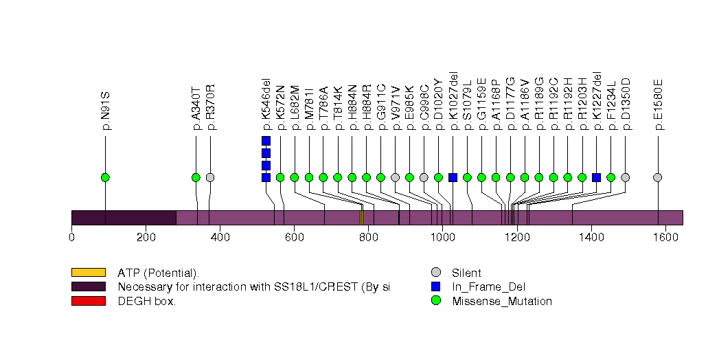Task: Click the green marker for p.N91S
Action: point(105,177)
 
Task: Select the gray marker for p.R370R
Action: point(210,177)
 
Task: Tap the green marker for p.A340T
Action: point(196,177)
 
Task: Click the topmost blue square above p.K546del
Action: point(266,141)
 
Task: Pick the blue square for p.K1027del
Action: point(453,177)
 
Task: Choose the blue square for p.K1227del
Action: point(596,177)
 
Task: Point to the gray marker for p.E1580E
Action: point(657,177)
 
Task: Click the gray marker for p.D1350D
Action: point(625,177)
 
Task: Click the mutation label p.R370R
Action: point(211,107)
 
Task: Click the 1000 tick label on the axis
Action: point(442,238)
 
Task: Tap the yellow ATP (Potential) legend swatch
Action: point(88,273)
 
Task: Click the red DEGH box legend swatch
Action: point(88,301)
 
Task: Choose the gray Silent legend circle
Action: point(435,273)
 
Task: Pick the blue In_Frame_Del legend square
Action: point(435,286)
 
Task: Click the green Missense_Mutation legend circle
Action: point(435,301)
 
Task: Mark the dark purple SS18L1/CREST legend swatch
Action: point(88,286)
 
